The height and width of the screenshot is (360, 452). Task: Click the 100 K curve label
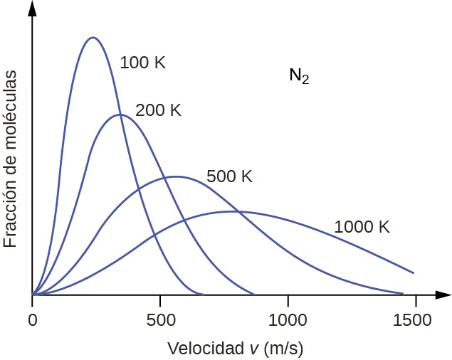[142, 63]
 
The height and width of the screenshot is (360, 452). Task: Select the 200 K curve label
[158, 110]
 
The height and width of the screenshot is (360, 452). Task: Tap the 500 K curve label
[229, 176]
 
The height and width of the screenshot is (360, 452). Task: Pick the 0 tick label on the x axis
[32, 320]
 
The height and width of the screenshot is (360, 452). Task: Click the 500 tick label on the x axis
[159, 320]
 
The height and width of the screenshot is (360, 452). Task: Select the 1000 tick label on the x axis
[288, 320]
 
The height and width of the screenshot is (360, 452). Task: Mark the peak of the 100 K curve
[92, 37]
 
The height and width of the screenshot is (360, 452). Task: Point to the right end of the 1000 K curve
[414, 272]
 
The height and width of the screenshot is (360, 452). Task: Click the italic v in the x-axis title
[253, 349]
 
